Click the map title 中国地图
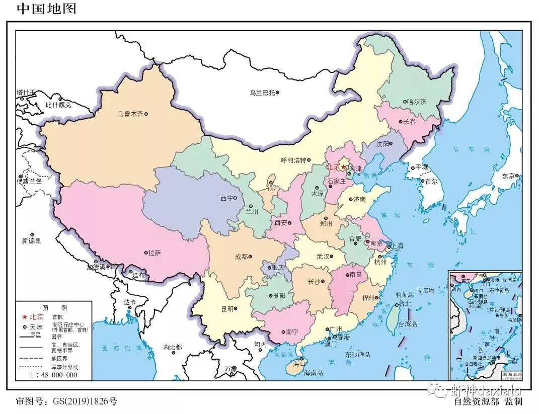(x=46, y=9)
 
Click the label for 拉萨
(x=154, y=253)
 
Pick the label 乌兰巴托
(x=262, y=93)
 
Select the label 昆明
(x=227, y=308)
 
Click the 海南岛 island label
(x=314, y=373)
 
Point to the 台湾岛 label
(x=408, y=324)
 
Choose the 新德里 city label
(x=31, y=241)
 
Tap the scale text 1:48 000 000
(x=54, y=375)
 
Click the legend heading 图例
(x=54, y=307)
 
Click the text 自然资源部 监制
(x=488, y=401)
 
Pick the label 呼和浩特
(x=293, y=160)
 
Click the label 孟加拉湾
(x=119, y=348)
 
